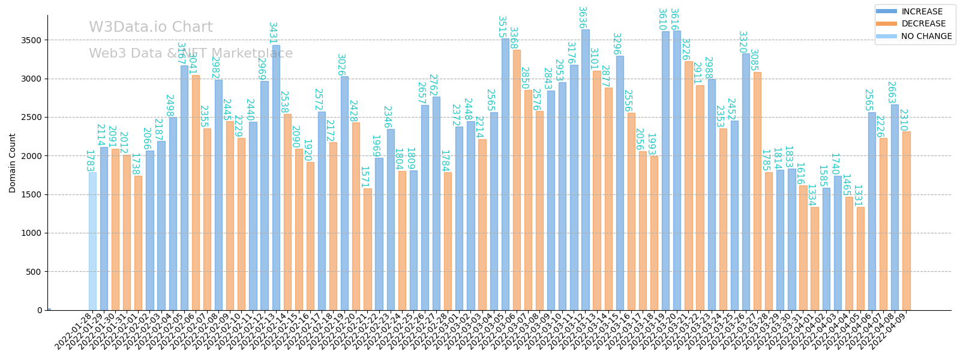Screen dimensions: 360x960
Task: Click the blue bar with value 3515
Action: pos(505,175)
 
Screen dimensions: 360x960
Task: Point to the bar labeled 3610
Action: pos(665,171)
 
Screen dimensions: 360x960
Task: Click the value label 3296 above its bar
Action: pos(616,44)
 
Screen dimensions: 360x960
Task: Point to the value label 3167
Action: pos(181,53)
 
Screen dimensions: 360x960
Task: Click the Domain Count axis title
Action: pos(13,163)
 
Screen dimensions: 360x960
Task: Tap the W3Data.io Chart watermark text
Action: pos(151,28)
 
